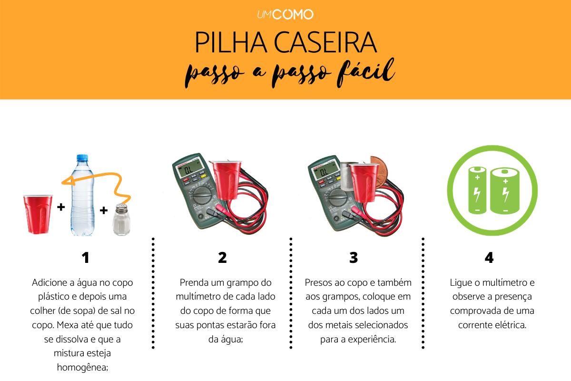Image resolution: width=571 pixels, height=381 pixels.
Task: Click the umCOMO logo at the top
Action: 285,15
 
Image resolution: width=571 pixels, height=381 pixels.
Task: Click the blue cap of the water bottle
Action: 80,160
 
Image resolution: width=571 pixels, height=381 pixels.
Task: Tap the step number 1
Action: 86,258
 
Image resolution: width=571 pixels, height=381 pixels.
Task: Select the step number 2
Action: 222,258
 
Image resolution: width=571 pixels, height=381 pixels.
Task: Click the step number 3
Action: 353,258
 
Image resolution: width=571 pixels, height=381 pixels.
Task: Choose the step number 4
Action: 489,258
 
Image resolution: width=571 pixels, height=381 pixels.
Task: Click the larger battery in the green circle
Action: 504,190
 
